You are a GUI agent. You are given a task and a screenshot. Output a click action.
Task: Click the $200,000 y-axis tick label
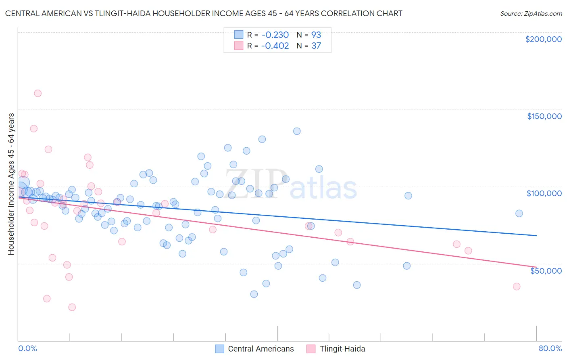pyautogui.click(x=543, y=39)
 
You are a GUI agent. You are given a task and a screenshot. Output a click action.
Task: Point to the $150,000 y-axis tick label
pyautogui.click(x=544, y=116)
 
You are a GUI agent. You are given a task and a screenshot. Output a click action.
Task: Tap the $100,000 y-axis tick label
pyautogui.click(x=544, y=193)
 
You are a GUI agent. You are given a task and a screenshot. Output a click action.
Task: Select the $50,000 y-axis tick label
pyautogui.click(x=546, y=270)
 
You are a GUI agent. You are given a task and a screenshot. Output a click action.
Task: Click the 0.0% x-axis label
pyautogui.click(x=27, y=348)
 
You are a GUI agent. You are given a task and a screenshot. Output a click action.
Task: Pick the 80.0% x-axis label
pyautogui.click(x=550, y=348)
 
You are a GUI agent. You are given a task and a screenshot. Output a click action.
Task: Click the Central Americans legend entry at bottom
pyautogui.click(x=261, y=349)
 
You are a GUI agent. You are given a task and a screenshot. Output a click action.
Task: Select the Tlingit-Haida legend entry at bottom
pyautogui.click(x=342, y=349)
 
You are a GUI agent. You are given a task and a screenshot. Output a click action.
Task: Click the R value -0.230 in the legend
pyautogui.click(x=275, y=35)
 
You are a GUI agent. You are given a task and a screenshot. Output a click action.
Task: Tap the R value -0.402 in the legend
pyautogui.click(x=275, y=46)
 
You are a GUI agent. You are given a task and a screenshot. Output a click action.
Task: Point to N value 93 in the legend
pyautogui.click(x=316, y=35)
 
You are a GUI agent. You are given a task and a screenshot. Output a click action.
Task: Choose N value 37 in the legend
pyautogui.click(x=316, y=46)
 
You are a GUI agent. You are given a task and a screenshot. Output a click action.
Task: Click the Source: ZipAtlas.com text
pyautogui.click(x=531, y=14)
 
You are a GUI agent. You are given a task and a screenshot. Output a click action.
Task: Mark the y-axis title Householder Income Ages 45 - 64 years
pyautogui.click(x=11, y=184)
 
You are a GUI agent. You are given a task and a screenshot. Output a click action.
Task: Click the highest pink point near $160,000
pyautogui.click(x=38, y=93)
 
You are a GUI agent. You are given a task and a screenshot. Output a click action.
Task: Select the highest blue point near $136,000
pyautogui.click(x=297, y=131)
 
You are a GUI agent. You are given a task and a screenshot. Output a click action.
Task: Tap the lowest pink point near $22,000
pyautogui.click(x=72, y=307)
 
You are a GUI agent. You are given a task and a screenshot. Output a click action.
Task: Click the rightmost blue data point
pyautogui.click(x=519, y=213)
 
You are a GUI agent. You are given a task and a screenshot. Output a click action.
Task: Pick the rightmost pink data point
pyautogui.click(x=517, y=287)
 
